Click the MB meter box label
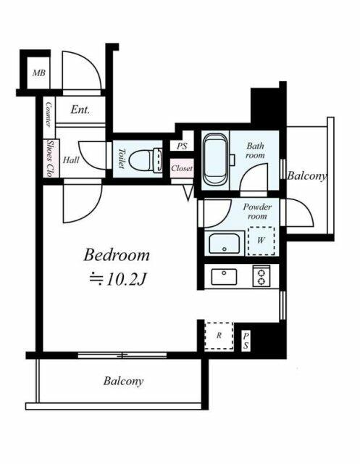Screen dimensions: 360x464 [x=39, y=72]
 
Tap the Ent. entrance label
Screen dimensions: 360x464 [x=80, y=109]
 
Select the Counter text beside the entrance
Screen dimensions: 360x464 [x=49, y=115]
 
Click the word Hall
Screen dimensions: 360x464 [x=71, y=160]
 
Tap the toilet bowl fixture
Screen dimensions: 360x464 [x=146, y=160]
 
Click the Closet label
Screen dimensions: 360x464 [x=182, y=168]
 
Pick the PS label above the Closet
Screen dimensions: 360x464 [x=182, y=146]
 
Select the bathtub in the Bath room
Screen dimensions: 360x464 [x=215, y=160]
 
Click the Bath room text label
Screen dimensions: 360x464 [x=256, y=150]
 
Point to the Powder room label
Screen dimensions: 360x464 [x=257, y=211]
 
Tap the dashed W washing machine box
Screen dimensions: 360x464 [x=261, y=241]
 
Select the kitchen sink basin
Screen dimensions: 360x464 [x=224, y=277]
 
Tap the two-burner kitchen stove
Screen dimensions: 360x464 [x=261, y=276]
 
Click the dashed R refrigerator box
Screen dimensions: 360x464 [x=219, y=336]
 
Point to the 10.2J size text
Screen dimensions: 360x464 [x=118, y=278]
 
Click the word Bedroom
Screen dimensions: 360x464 [x=117, y=254]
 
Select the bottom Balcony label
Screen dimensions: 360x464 [x=124, y=381]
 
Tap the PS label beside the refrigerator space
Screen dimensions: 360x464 [x=246, y=341]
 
